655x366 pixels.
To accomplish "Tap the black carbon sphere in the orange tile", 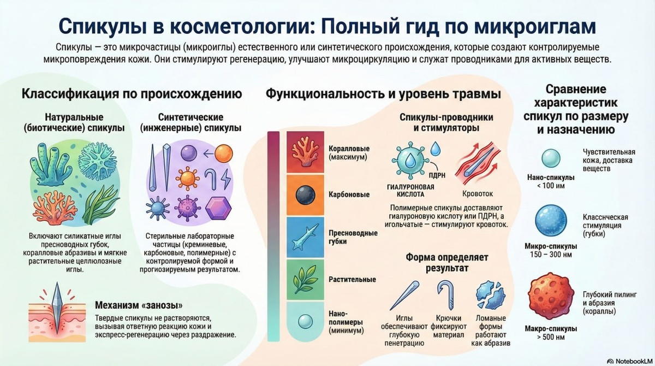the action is pos(302,194).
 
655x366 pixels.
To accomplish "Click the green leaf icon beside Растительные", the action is pos(302,279).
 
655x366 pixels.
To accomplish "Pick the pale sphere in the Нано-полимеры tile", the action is pos(302,322).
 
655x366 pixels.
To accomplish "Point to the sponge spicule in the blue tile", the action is pos(302,237).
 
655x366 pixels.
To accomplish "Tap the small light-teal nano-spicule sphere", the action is pos(550,158).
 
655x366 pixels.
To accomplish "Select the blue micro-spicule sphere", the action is pos(550,221).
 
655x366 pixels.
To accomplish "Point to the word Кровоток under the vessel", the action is pos(477,193).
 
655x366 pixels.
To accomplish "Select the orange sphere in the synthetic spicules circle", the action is pos(223,154).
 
